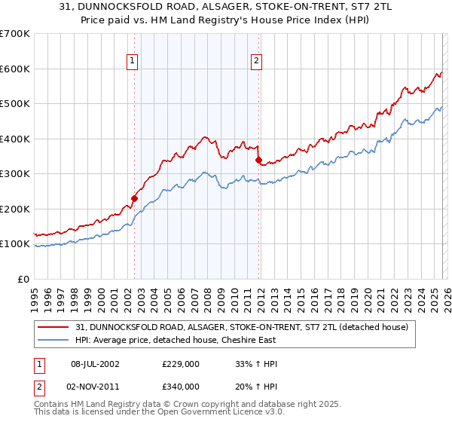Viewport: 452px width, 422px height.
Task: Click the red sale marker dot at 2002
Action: coord(134,199)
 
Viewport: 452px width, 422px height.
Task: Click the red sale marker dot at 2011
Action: coord(258,160)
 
